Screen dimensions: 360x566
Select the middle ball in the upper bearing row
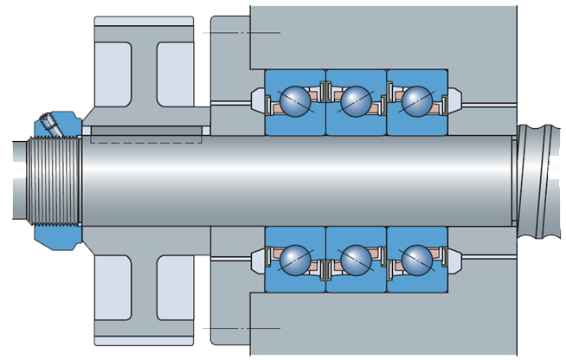(x=356, y=100)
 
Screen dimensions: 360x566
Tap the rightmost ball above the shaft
(x=416, y=100)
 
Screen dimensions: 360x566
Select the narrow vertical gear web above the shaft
(x=145, y=73)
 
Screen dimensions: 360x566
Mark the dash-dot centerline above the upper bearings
(x=241, y=32)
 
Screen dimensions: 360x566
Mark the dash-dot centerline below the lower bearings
(x=241, y=329)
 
